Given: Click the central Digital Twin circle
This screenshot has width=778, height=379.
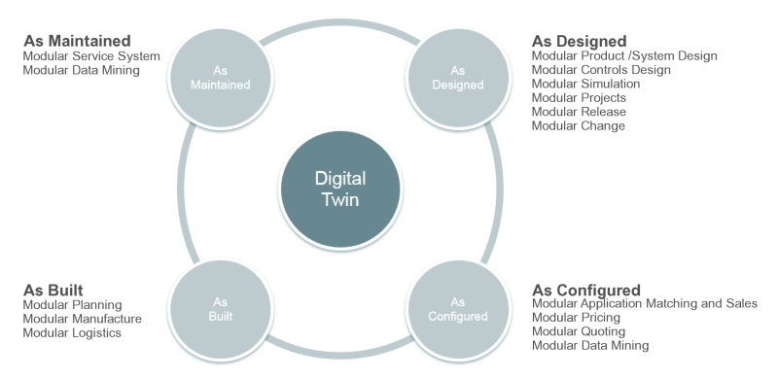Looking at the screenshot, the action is coord(339,189).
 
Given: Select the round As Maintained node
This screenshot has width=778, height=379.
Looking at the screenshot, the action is coord(221,78).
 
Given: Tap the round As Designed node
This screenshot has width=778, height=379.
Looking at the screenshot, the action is coord(457,78).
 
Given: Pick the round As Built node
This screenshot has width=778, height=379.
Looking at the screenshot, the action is coord(221,310).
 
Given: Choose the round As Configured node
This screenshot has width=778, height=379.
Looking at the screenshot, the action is coord(457,310).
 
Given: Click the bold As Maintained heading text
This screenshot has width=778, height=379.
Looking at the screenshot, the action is coord(77,41).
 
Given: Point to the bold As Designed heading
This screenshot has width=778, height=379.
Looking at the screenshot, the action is coord(579,42).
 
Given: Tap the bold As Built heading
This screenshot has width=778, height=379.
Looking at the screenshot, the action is coord(53,290).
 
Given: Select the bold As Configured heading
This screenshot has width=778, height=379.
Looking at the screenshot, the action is coord(586,291).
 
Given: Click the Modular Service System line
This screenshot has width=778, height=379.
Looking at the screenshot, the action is coord(91,56).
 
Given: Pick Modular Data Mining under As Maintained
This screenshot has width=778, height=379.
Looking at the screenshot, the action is coord(82,70).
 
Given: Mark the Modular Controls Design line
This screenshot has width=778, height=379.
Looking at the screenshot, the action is coord(601,70).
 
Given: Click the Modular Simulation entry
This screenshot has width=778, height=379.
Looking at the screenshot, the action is coord(585,84).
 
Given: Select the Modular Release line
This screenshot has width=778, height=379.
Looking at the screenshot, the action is coord(579,112).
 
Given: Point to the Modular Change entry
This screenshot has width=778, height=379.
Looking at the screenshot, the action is coord(578,126).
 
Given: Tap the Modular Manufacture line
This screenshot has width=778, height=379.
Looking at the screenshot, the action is coord(82,319).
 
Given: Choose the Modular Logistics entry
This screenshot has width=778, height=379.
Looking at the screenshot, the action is coord(72,333).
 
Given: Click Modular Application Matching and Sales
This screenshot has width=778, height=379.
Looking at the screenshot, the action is coord(645,303).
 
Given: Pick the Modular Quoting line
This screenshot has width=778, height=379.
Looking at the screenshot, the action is coord(578,331).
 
